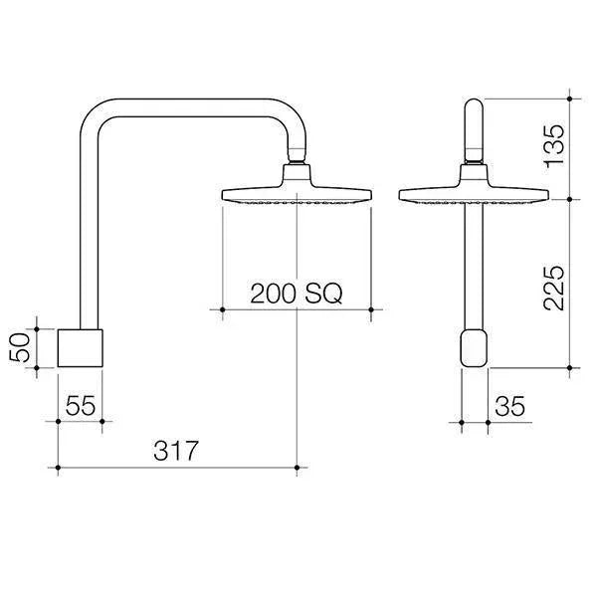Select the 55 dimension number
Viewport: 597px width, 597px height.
80,406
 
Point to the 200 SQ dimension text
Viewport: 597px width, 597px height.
296,294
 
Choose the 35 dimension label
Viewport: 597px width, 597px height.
508,406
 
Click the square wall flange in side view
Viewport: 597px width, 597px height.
80,347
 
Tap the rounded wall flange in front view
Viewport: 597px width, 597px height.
474,349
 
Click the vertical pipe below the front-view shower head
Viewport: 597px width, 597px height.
474,269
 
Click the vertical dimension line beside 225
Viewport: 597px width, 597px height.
569,283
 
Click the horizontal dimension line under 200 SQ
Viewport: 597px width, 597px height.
296,310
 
